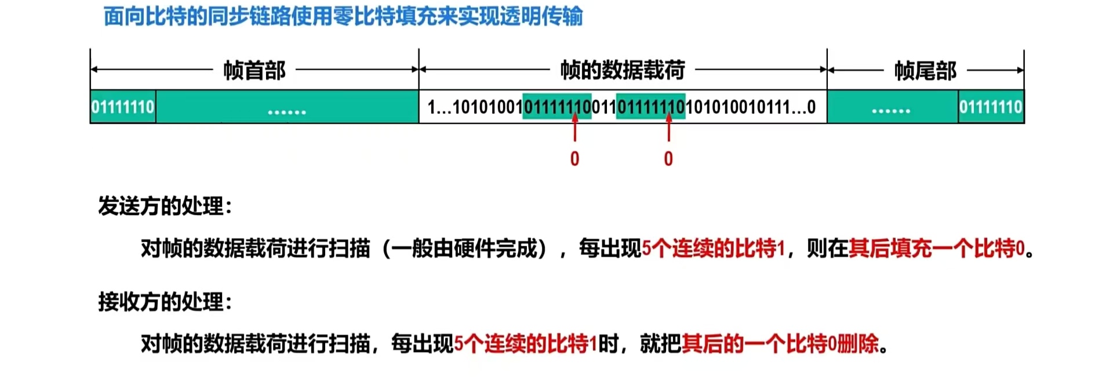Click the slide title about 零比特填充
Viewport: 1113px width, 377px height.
coord(343,16)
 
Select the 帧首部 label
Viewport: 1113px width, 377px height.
coord(254,70)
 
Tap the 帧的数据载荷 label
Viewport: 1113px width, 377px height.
coord(622,70)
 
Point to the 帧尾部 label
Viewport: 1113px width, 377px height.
coord(925,71)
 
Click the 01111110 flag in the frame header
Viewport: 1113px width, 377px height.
coord(123,107)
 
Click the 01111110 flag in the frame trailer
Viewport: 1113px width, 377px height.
coord(991,107)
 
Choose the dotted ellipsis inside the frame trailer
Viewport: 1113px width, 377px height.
coord(891,110)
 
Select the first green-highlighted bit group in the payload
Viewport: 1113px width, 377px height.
coord(557,107)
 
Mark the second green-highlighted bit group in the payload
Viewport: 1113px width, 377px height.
coord(650,107)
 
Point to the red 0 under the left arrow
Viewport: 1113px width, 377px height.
coord(574,159)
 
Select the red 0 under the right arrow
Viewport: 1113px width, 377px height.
coord(668,159)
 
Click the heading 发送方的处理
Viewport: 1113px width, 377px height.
coord(165,206)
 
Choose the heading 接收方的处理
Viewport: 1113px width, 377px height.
coord(165,302)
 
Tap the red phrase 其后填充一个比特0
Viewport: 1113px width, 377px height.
coord(937,248)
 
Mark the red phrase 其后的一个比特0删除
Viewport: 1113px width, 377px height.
coord(780,344)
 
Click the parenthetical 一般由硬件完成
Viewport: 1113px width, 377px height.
coord(464,248)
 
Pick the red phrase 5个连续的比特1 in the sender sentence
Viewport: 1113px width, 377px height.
coord(714,248)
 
